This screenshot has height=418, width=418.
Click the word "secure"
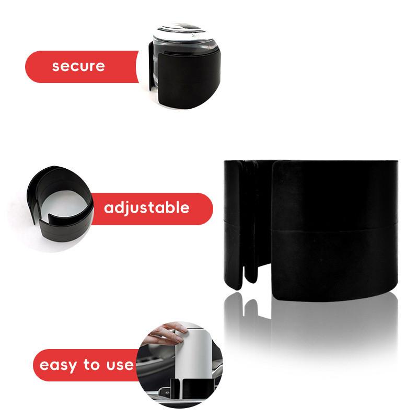pyautogui.click(x=78, y=66)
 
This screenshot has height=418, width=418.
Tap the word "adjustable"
pyautogui.click(x=146, y=208)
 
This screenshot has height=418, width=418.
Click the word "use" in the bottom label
pyautogui.click(x=118, y=365)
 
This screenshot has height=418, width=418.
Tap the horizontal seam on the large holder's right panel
pyautogui.click(x=334, y=228)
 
